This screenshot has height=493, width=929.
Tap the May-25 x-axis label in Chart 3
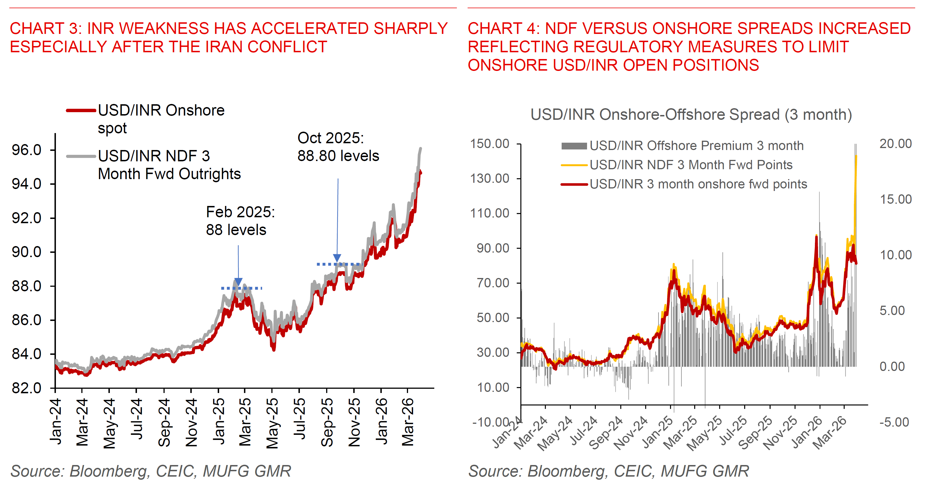pos(272,423)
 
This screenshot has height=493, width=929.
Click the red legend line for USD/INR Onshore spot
pos(81,110)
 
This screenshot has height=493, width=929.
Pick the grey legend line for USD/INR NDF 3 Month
pos(81,156)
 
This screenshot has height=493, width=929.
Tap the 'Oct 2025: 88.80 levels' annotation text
pos(338,147)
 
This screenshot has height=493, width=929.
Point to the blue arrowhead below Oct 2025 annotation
pos(337,258)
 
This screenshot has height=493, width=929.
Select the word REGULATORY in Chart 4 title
pos(628,47)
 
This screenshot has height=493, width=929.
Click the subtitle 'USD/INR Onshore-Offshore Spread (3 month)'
pos(691,114)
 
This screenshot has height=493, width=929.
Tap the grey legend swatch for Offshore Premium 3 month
pos(574,146)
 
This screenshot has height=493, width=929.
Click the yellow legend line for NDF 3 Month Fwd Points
pos(574,165)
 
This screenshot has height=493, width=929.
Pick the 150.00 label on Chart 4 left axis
pos(489,144)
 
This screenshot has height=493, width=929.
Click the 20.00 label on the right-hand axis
pos(895,144)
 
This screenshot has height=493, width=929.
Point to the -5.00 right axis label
pos(894,422)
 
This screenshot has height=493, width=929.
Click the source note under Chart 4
pos(609,471)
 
